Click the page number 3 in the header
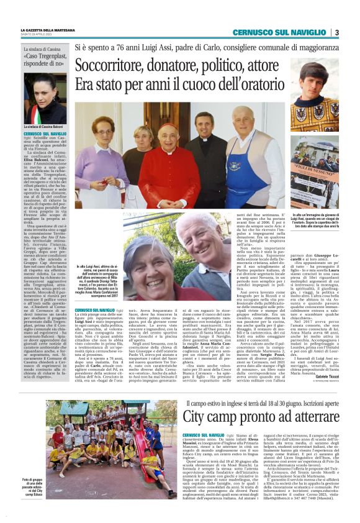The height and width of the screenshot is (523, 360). tap(336, 32)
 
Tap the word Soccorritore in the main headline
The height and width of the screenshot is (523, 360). tap(112, 66)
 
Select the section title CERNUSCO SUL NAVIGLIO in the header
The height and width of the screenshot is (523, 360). tap(279, 32)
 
